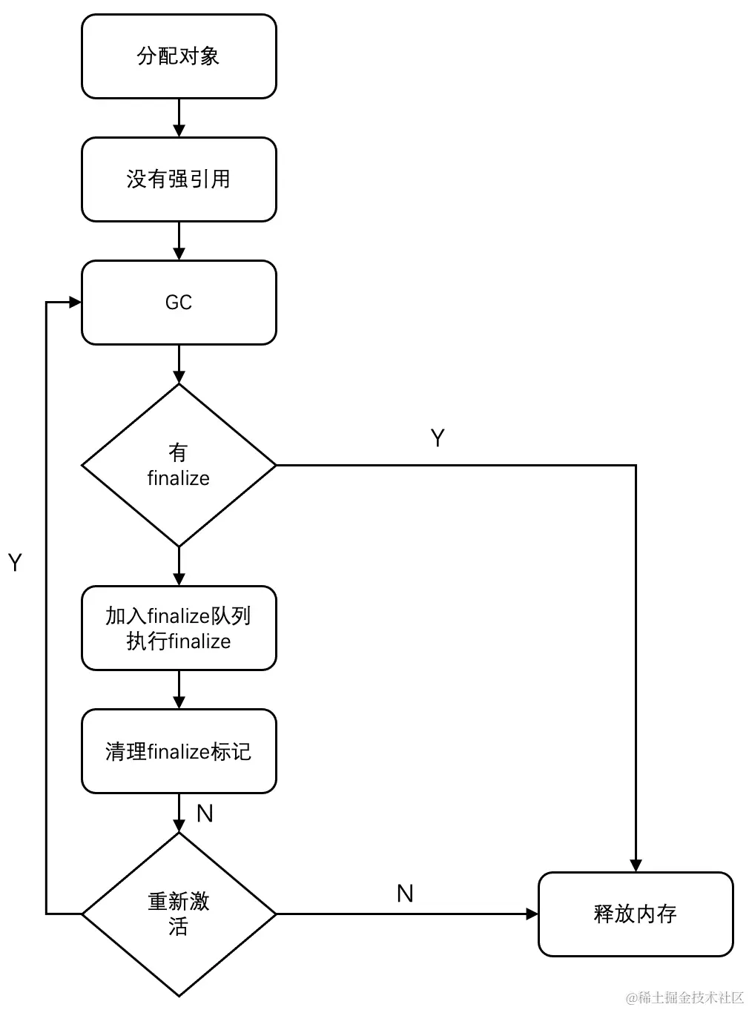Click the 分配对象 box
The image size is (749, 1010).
[179, 56]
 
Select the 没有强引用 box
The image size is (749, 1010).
[179, 179]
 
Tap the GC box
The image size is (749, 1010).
[179, 303]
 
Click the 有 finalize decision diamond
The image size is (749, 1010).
[179, 466]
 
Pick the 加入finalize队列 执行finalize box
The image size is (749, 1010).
[179, 628]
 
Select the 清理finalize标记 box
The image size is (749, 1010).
[179, 751]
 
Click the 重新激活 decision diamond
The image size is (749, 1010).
[179, 914]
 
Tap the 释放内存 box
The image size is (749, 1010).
[636, 914]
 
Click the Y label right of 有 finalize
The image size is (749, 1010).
[438, 438]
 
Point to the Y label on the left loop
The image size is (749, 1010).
[16, 563]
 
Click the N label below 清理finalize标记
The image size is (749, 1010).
[205, 813]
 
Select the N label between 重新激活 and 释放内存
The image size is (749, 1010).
[405, 894]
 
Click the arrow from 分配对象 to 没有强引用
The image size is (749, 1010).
[179, 119]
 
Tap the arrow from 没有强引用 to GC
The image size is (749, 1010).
[179, 242]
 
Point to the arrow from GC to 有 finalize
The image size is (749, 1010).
[179, 365]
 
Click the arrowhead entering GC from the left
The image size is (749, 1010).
[75, 303]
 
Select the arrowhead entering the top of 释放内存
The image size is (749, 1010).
[636, 865]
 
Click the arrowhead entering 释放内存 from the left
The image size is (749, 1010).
[532, 914]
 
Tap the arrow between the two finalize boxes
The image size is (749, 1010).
[179, 690]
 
